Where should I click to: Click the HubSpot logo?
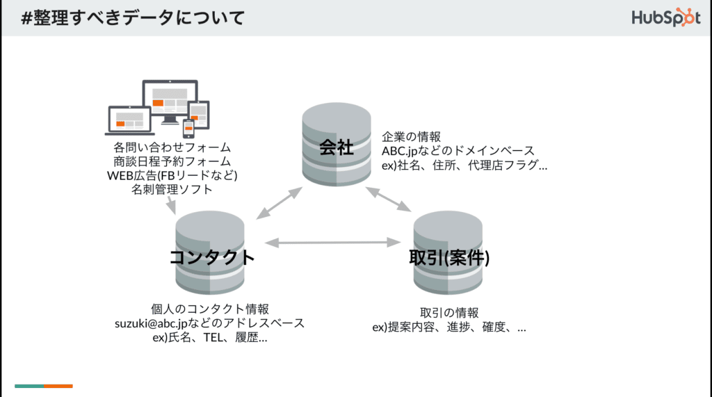pos(665,17)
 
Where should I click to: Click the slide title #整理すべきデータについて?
pos(133,18)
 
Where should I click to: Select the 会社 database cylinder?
pos(337,144)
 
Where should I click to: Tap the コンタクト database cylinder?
pos(210,252)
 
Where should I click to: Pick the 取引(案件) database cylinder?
pos(448,252)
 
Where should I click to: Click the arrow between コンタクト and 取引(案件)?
pos(333,243)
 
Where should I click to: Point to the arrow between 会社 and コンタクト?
pos(280,203)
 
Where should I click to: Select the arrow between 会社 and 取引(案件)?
pos(388,200)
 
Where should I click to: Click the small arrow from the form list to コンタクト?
pos(171,205)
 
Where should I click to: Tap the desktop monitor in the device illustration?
pos(170,102)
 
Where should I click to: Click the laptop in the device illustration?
pos(129,121)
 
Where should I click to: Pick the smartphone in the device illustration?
pos(188,129)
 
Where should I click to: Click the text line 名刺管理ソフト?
pos(172,189)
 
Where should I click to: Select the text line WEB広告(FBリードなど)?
pos(172,175)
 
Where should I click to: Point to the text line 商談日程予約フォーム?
pos(172,161)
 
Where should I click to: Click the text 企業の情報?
pos(411,136)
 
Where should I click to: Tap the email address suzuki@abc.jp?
pos(151,323)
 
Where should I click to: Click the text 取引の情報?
pos(449,312)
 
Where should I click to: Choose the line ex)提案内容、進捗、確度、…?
pos(449,327)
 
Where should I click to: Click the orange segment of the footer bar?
pos(58,386)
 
